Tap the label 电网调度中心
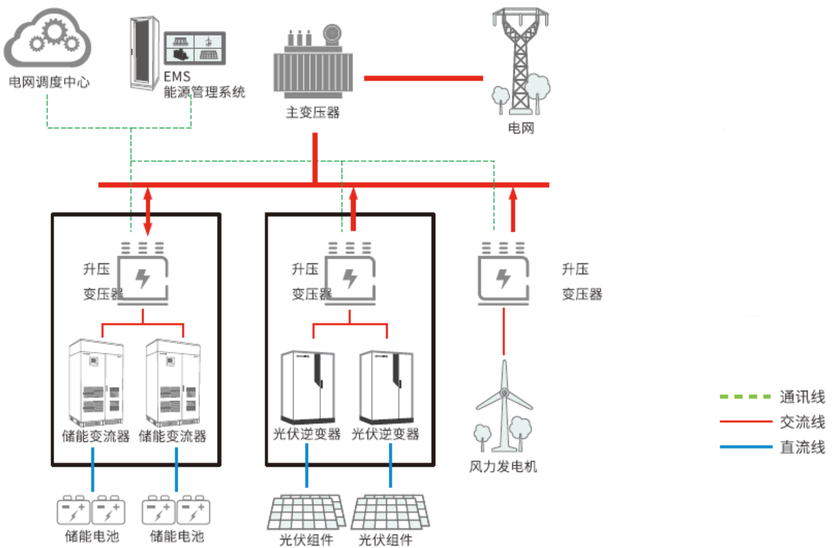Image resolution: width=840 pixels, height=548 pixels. (x=49, y=82)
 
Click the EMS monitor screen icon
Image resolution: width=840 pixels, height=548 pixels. (x=195, y=48)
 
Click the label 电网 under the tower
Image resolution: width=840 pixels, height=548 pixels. (x=521, y=128)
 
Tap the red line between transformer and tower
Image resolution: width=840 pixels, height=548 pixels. (x=423, y=78)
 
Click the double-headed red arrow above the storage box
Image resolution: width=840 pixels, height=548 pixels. (x=148, y=211)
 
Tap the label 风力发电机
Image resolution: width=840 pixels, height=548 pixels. (x=503, y=467)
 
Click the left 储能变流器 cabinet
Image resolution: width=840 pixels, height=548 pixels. (x=96, y=383)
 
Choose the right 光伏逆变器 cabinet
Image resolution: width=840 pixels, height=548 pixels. (x=386, y=387)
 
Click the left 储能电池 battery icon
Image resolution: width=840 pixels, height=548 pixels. (x=91, y=510)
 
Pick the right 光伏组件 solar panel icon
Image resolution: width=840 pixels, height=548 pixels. (x=390, y=512)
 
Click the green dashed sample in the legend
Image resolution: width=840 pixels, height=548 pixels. (x=745, y=397)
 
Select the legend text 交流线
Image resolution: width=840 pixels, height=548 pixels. (x=802, y=422)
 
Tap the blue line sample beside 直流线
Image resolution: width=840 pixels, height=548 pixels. (x=745, y=447)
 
